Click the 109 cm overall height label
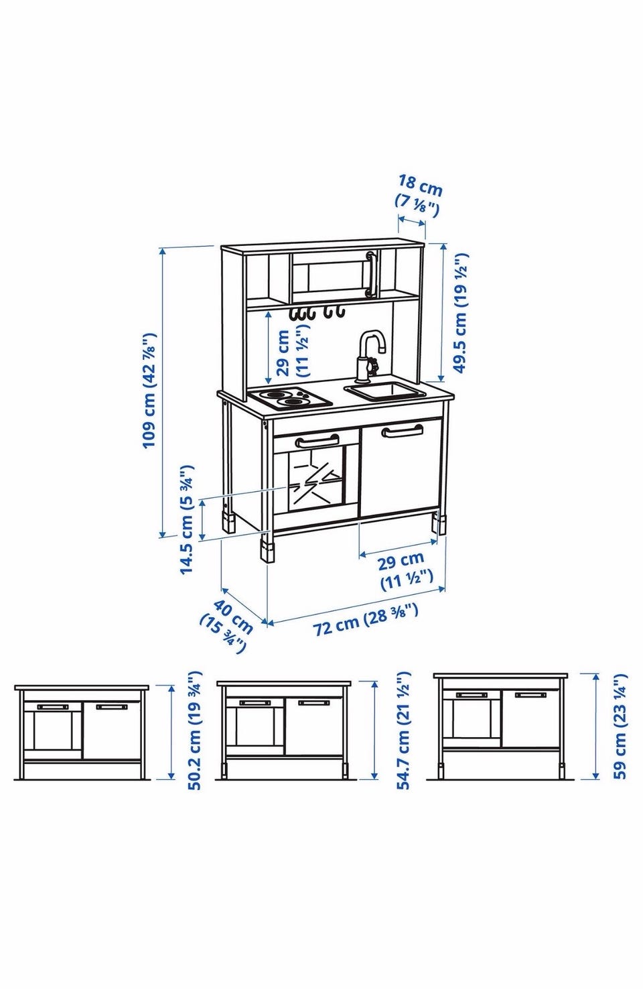click(149, 390)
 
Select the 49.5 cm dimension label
click(460, 313)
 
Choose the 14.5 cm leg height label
click(187, 519)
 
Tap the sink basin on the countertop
click(385, 391)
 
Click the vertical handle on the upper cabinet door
click(370, 273)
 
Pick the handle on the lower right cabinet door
click(402, 430)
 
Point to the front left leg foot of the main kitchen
click(267, 551)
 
